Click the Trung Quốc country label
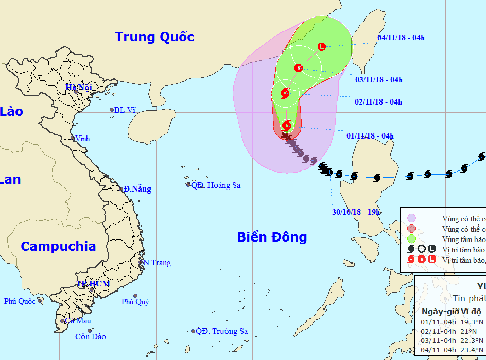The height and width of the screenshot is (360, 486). click(154, 37)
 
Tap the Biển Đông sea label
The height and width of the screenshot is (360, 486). click(272, 237)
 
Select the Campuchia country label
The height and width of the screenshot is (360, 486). click(58, 246)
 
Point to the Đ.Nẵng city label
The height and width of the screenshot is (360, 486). click(137, 189)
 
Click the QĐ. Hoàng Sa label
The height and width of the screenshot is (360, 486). click(216, 185)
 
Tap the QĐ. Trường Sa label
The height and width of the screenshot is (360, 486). click(222, 331)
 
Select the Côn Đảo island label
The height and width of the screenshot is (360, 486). click(91, 337)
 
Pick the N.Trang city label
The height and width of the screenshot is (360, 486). click(157, 263)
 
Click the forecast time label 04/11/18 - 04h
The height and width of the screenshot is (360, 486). click(401, 37)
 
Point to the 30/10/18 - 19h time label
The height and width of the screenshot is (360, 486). click(356, 212)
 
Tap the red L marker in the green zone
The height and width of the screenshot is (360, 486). click(322, 47)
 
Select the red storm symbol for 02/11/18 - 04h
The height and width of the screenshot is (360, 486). click(285, 93)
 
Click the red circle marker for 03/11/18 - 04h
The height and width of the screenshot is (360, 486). click(299, 67)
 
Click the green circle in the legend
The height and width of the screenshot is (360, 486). click(411, 239)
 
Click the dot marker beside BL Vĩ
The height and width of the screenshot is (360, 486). click(111, 110)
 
